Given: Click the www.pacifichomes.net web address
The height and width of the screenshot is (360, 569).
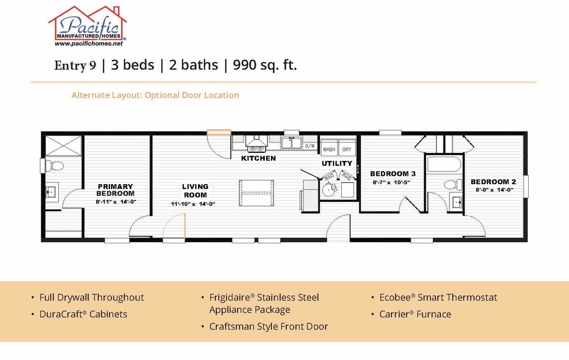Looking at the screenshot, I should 89,43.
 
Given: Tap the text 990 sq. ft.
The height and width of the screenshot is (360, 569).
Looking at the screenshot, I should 265,65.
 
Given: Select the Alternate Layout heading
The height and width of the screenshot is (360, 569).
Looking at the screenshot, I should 155,95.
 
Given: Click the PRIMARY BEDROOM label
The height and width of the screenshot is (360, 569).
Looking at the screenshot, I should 115,189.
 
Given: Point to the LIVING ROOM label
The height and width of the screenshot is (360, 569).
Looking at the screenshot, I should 195,190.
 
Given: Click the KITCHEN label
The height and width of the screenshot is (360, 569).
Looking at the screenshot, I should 258,158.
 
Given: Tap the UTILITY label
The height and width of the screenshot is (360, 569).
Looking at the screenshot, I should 337,163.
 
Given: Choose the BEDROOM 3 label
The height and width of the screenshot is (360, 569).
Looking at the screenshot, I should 393,173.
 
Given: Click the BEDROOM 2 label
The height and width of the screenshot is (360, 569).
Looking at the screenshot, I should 493,181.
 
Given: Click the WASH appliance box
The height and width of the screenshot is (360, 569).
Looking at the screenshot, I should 329,149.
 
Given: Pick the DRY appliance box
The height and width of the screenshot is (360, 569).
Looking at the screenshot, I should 347,149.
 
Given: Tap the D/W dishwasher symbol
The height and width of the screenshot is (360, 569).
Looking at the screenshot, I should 310,146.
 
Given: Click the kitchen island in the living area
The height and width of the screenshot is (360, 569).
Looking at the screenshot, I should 255,193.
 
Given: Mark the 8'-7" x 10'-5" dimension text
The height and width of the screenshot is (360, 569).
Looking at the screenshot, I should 391,182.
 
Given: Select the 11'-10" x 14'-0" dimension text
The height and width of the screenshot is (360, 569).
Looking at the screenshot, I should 193,204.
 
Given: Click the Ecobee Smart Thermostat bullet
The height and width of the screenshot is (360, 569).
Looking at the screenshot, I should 438,297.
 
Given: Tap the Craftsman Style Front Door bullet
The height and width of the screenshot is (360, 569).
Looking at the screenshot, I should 269,326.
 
